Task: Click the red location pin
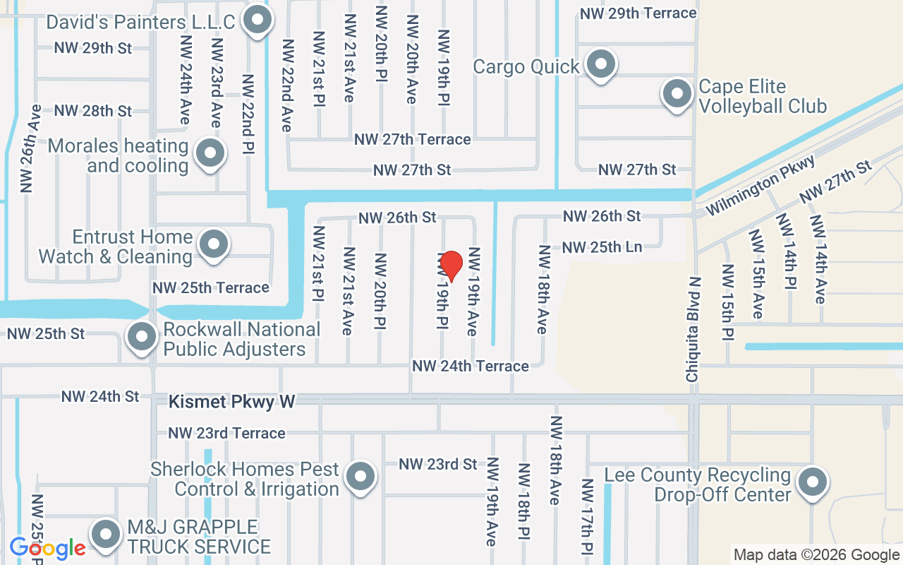tap(451, 266)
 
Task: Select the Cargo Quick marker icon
tap(601, 64)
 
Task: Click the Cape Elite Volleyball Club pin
tap(677, 93)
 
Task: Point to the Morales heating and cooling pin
tap(210, 153)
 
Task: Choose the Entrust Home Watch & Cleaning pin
tap(212, 244)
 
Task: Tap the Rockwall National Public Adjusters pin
tap(141, 337)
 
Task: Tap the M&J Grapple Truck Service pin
tap(106, 535)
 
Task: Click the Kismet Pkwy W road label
tap(232, 402)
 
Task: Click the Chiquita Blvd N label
tap(694, 330)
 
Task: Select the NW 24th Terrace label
tap(471, 366)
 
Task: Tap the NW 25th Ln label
tap(602, 247)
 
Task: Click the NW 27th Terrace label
tap(413, 139)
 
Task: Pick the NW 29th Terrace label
tap(638, 13)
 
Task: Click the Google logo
tap(48, 548)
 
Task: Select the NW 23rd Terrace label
tap(226, 433)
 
